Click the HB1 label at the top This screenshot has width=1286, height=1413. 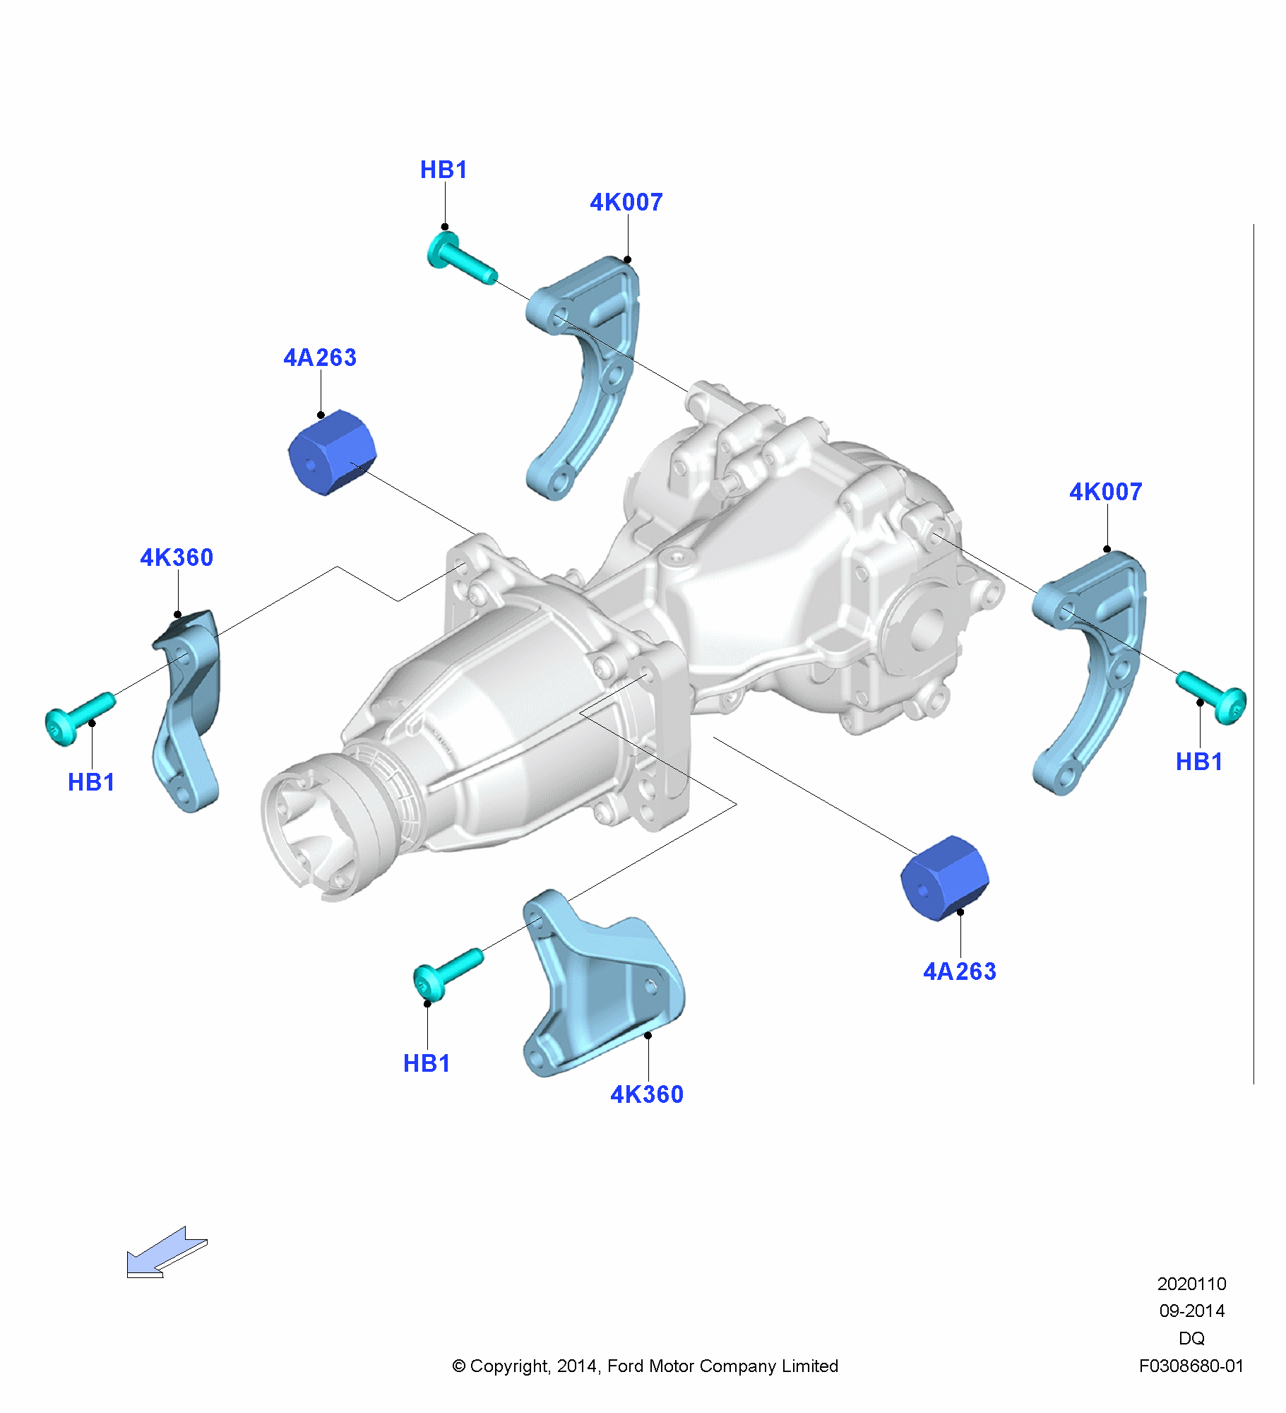click(443, 170)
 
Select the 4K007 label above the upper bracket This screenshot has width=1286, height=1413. click(626, 203)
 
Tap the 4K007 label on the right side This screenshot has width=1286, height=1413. click(1105, 492)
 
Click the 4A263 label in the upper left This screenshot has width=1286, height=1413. click(320, 358)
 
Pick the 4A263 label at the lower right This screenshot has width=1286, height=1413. click(960, 972)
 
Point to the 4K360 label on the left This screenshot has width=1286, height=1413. click(177, 558)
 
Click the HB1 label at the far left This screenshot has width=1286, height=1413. click(91, 783)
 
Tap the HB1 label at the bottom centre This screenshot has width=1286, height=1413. click(427, 1064)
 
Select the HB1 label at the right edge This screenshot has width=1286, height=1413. click(1199, 762)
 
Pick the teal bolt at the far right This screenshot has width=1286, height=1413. click(1212, 696)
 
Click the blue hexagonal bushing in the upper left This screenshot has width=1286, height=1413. click(331, 452)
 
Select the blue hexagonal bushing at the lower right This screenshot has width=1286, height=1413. click(944, 878)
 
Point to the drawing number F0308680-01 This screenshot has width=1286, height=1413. click(1191, 1366)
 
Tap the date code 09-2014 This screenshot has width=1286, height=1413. click(1191, 1311)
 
